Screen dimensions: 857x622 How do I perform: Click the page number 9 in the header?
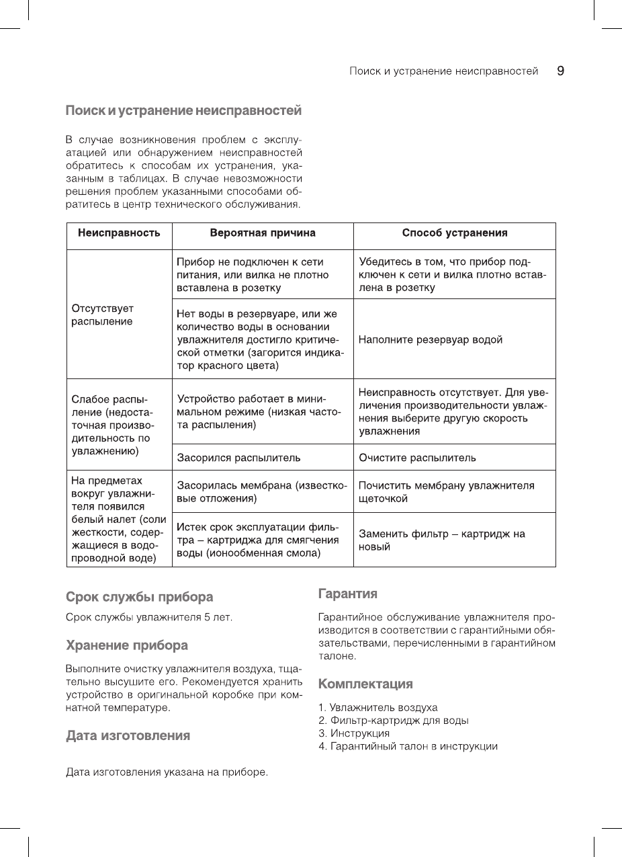560,71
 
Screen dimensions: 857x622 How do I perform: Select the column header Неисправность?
119,233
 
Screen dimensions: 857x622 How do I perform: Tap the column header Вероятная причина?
263,233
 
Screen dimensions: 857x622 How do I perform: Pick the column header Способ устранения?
454,233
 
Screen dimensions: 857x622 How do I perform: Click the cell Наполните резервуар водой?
431,339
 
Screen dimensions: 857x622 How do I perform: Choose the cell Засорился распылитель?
238,458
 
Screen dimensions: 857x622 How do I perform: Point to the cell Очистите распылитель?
417,458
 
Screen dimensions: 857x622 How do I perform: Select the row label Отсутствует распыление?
102,315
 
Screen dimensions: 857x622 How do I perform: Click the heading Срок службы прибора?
139,597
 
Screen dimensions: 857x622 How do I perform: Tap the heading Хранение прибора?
126,645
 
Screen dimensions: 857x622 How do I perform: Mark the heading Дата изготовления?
128,735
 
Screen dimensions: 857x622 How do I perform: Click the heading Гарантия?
347,594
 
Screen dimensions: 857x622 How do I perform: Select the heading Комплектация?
365,684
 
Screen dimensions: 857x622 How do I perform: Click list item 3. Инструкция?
353,733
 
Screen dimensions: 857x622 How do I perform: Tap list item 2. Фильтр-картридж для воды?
393,721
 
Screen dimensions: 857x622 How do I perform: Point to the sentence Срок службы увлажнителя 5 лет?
148,617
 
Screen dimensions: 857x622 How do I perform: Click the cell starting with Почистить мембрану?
446,492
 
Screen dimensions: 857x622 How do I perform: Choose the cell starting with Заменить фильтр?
441,540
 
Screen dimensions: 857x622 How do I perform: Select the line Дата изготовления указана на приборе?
167,772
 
